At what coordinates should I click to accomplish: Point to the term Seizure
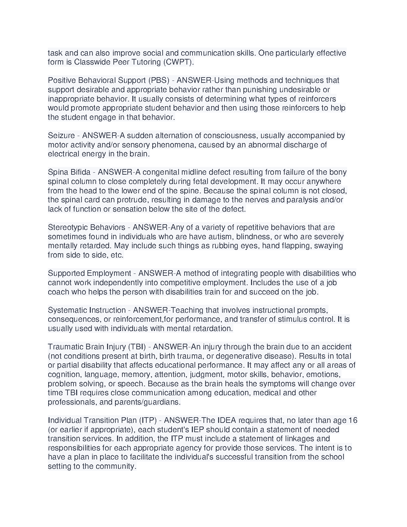(x=61, y=136)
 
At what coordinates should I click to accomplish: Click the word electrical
(x=64, y=154)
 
